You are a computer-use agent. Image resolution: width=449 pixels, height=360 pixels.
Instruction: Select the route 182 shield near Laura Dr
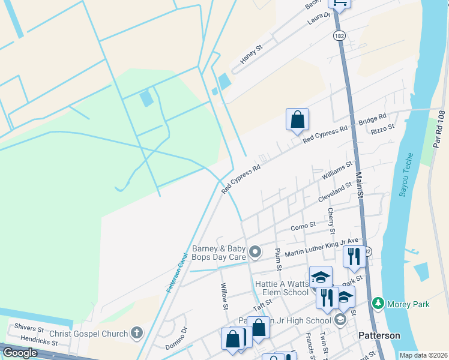pos(339,36)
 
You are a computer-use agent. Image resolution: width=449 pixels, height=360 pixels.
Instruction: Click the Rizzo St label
pos(382,128)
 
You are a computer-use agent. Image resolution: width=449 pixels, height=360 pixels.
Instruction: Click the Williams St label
pos(337,170)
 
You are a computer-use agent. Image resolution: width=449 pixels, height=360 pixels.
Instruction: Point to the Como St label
pos(303,226)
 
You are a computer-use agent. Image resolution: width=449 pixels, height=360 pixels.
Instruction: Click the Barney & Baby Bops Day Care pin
pos(255,252)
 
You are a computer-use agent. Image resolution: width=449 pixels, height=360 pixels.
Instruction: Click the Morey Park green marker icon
pos(378,304)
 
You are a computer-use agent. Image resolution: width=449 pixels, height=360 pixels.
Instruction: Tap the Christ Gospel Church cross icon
pos(137,334)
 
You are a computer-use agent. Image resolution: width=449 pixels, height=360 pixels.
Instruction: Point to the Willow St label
pos(224,297)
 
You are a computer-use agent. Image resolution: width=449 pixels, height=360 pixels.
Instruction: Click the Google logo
pos(20,353)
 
